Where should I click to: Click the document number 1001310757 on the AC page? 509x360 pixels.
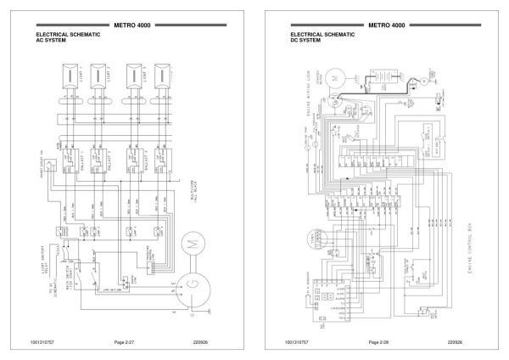(x=45, y=341)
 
